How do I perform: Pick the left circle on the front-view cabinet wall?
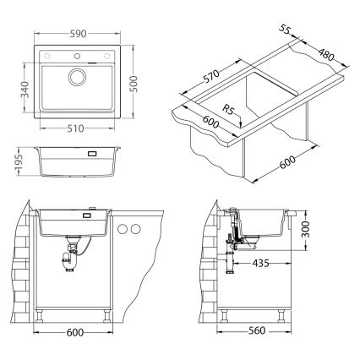pos(123,229)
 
